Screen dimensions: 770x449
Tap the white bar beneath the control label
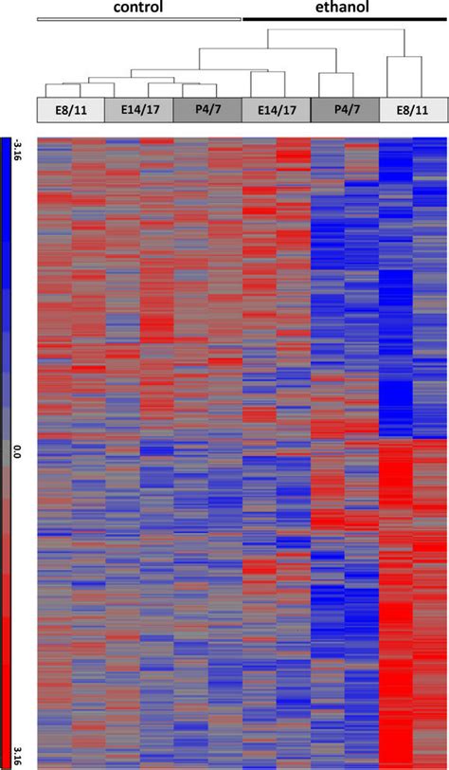(x=139, y=19)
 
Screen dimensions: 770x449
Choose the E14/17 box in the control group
(x=139, y=110)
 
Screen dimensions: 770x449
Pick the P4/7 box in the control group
(x=207, y=110)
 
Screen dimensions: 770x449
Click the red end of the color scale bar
(x=6, y=759)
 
